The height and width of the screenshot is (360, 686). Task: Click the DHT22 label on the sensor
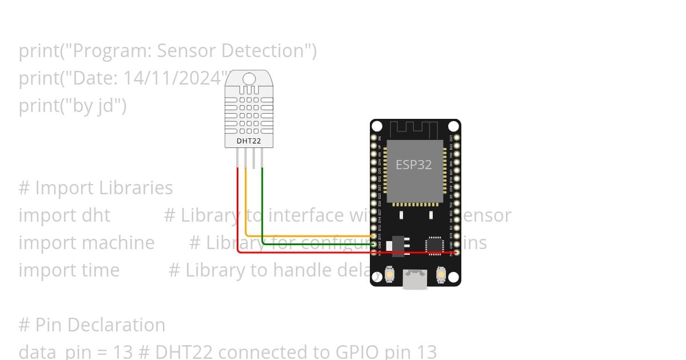(249, 141)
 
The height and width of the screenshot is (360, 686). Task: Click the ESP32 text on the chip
(414, 165)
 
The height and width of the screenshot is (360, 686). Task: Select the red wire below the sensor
(238, 217)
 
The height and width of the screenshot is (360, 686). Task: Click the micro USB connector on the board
(415, 279)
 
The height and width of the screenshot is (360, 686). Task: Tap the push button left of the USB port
(389, 274)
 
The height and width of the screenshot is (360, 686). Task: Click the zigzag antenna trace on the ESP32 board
(416, 129)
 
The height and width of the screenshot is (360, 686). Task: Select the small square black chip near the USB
(434, 245)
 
